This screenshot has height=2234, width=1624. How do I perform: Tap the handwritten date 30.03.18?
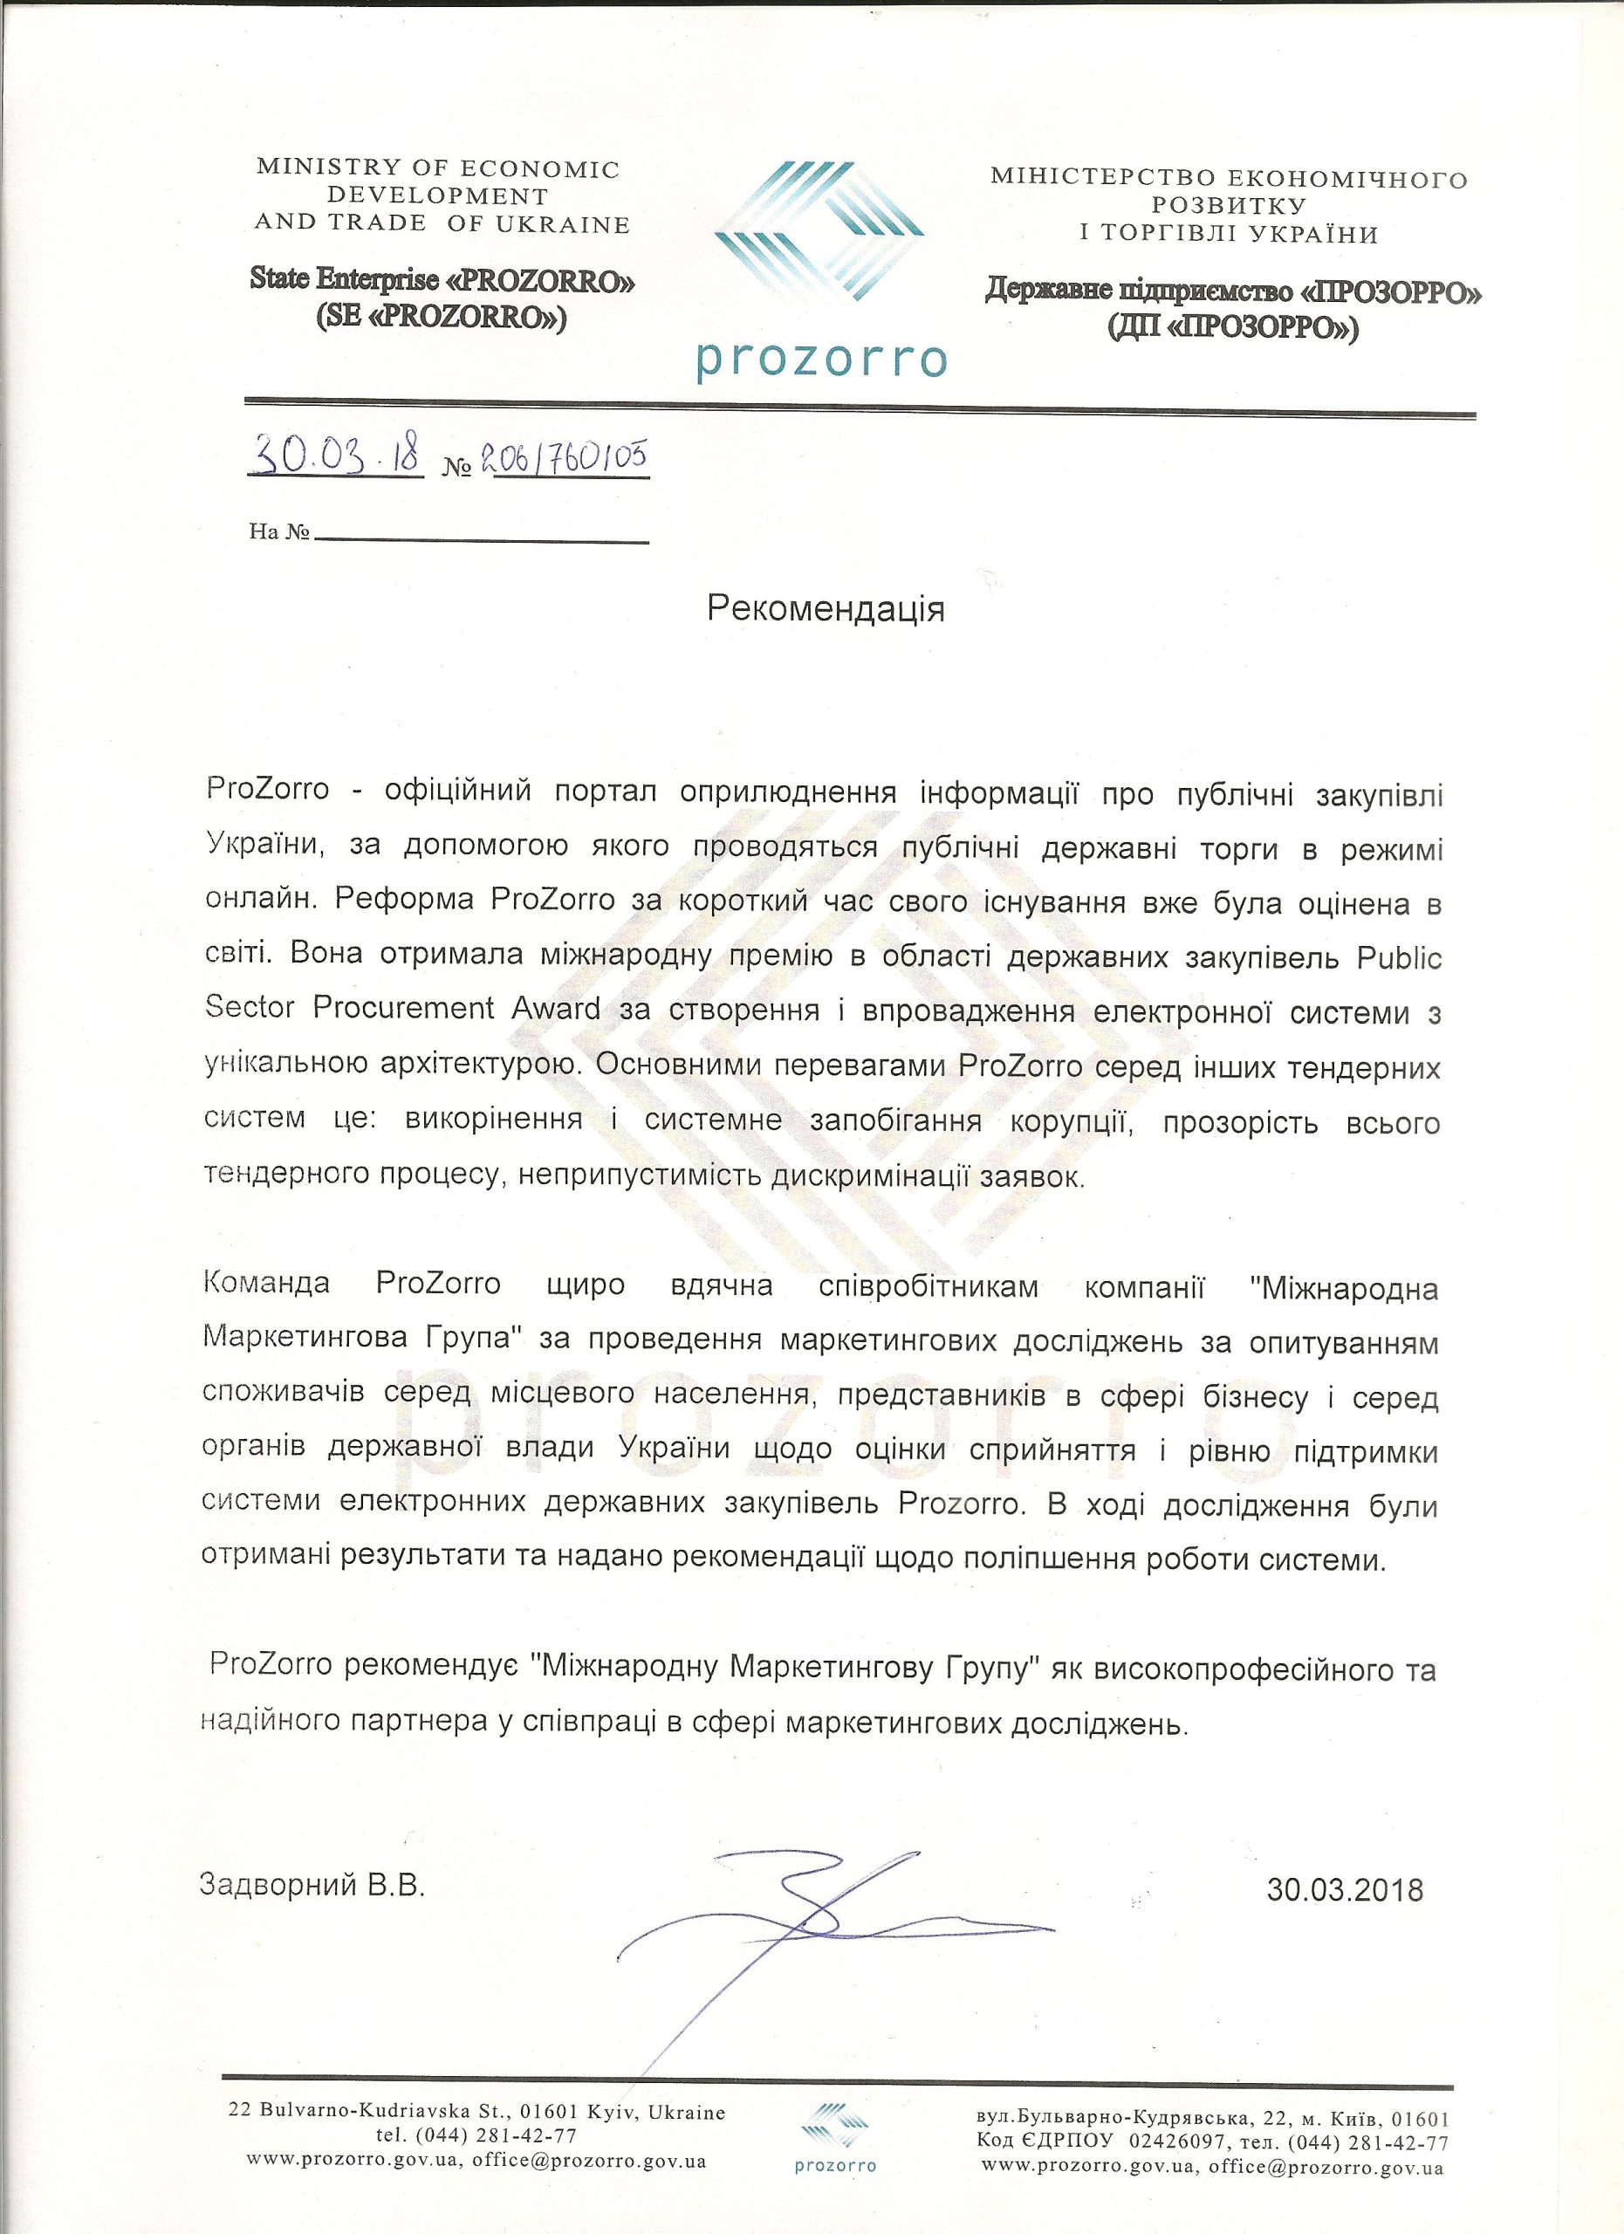tap(336, 455)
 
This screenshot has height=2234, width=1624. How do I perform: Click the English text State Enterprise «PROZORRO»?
tap(442, 282)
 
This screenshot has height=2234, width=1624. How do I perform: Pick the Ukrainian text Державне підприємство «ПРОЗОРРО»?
tap(1235, 292)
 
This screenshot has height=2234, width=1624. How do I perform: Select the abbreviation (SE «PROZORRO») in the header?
tap(442, 319)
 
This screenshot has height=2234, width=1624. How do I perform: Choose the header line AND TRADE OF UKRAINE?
tap(442, 223)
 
